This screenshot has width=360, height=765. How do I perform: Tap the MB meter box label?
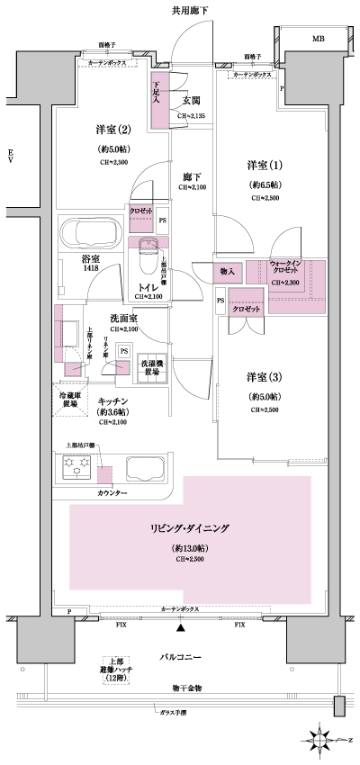(319, 40)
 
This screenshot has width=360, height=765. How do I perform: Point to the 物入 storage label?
(227, 271)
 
